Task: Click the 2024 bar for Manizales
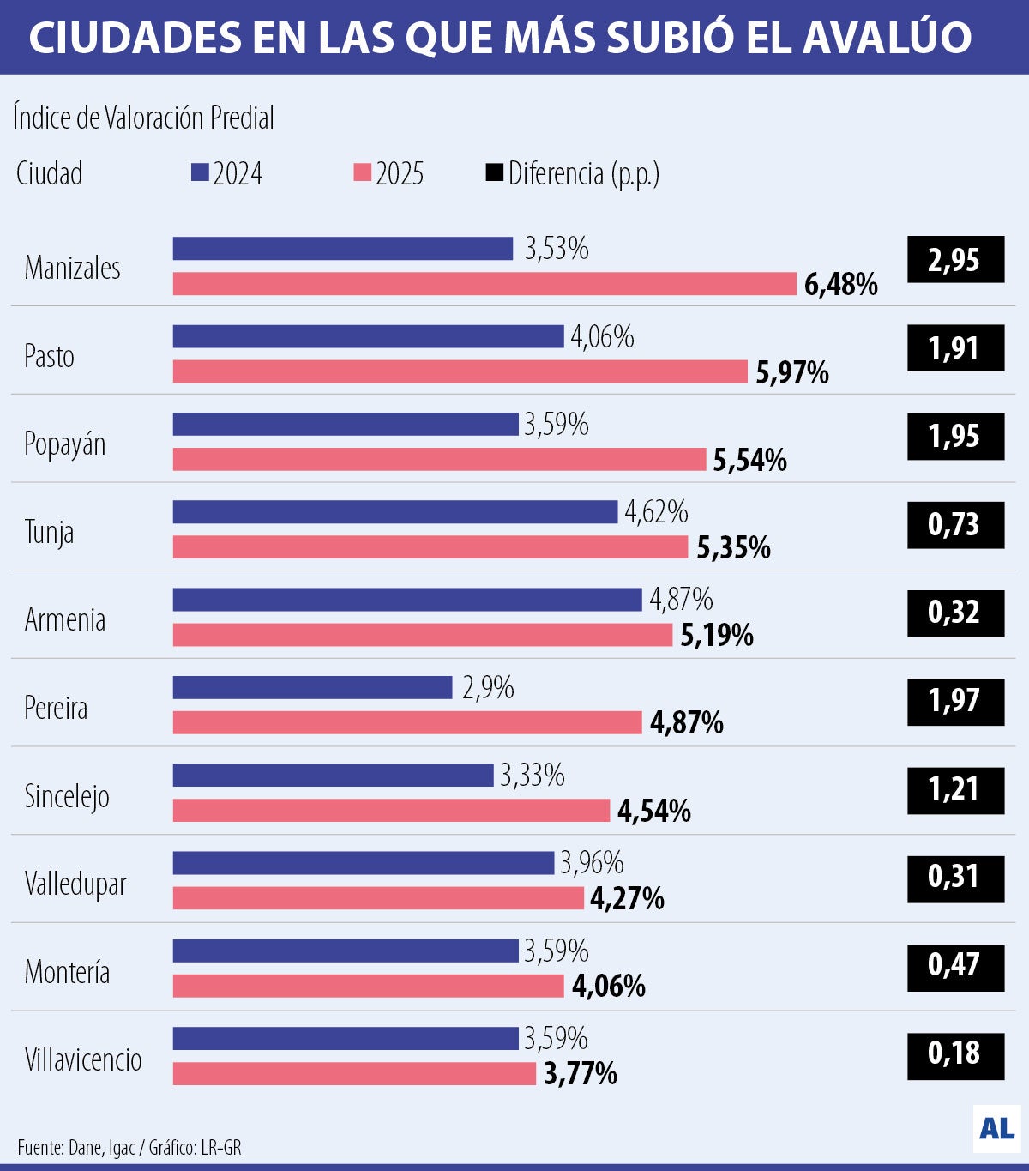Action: [343, 249]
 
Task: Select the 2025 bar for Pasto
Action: [460, 371]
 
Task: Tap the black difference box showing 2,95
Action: [955, 260]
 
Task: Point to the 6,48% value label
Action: [840, 284]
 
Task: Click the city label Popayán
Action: [65, 444]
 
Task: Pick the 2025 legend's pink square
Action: [362, 172]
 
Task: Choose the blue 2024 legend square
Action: [200, 172]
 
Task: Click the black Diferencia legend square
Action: [495, 172]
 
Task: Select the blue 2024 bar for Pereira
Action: [313, 687]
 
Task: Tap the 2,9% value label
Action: [488, 688]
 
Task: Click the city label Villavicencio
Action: [83, 1059]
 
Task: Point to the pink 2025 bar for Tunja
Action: [430, 547]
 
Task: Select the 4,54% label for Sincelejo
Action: [654, 811]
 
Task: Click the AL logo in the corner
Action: [996, 1128]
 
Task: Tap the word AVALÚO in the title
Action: [888, 37]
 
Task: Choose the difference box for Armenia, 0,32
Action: [955, 613]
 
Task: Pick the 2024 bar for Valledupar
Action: [364, 863]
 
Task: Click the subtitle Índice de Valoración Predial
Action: [143, 118]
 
